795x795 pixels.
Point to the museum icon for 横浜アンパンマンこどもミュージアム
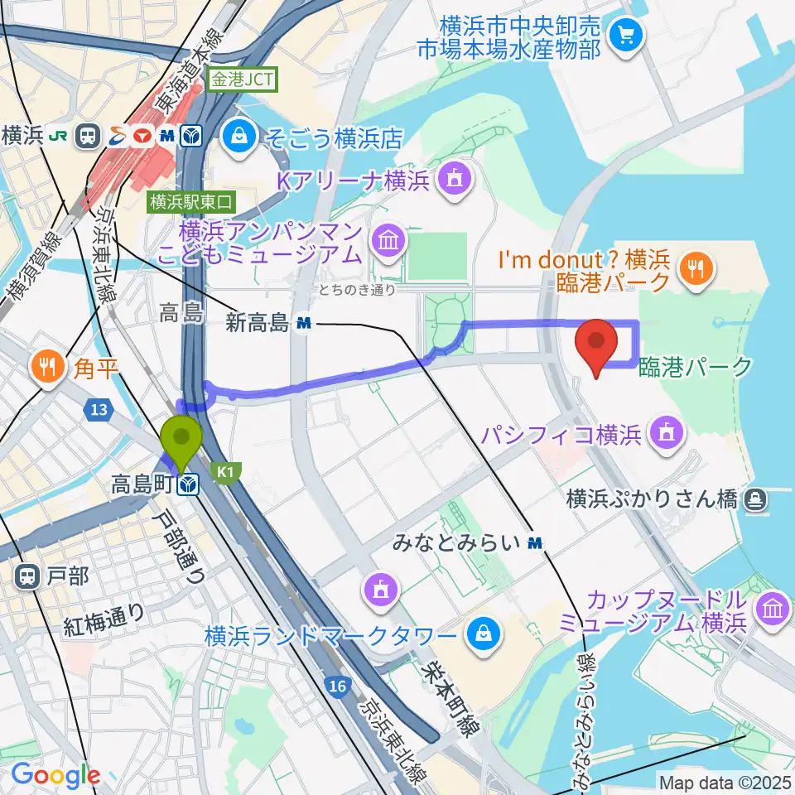coord(387,241)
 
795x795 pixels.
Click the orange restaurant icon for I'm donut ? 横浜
coord(695,267)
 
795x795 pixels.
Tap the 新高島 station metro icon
coord(304,324)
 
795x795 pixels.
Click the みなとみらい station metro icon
coord(536,543)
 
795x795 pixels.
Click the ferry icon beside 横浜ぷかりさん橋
coord(754,499)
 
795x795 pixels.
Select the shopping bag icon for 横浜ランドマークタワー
coord(482,637)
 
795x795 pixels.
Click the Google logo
coord(55,774)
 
